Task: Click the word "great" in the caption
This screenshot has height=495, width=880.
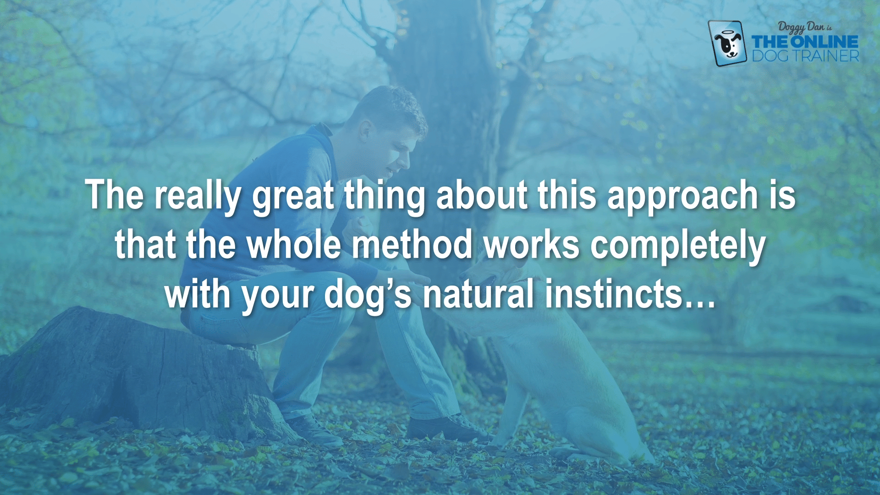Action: [x=293, y=197]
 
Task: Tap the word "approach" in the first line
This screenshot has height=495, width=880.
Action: [x=682, y=197]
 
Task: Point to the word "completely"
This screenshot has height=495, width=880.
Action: [x=678, y=247]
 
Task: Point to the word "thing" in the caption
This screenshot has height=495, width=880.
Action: [x=385, y=197]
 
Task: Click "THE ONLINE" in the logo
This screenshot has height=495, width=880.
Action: [x=805, y=42]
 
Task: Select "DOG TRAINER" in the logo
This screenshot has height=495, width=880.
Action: [x=806, y=56]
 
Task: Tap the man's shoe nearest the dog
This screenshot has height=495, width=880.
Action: [x=447, y=429]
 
